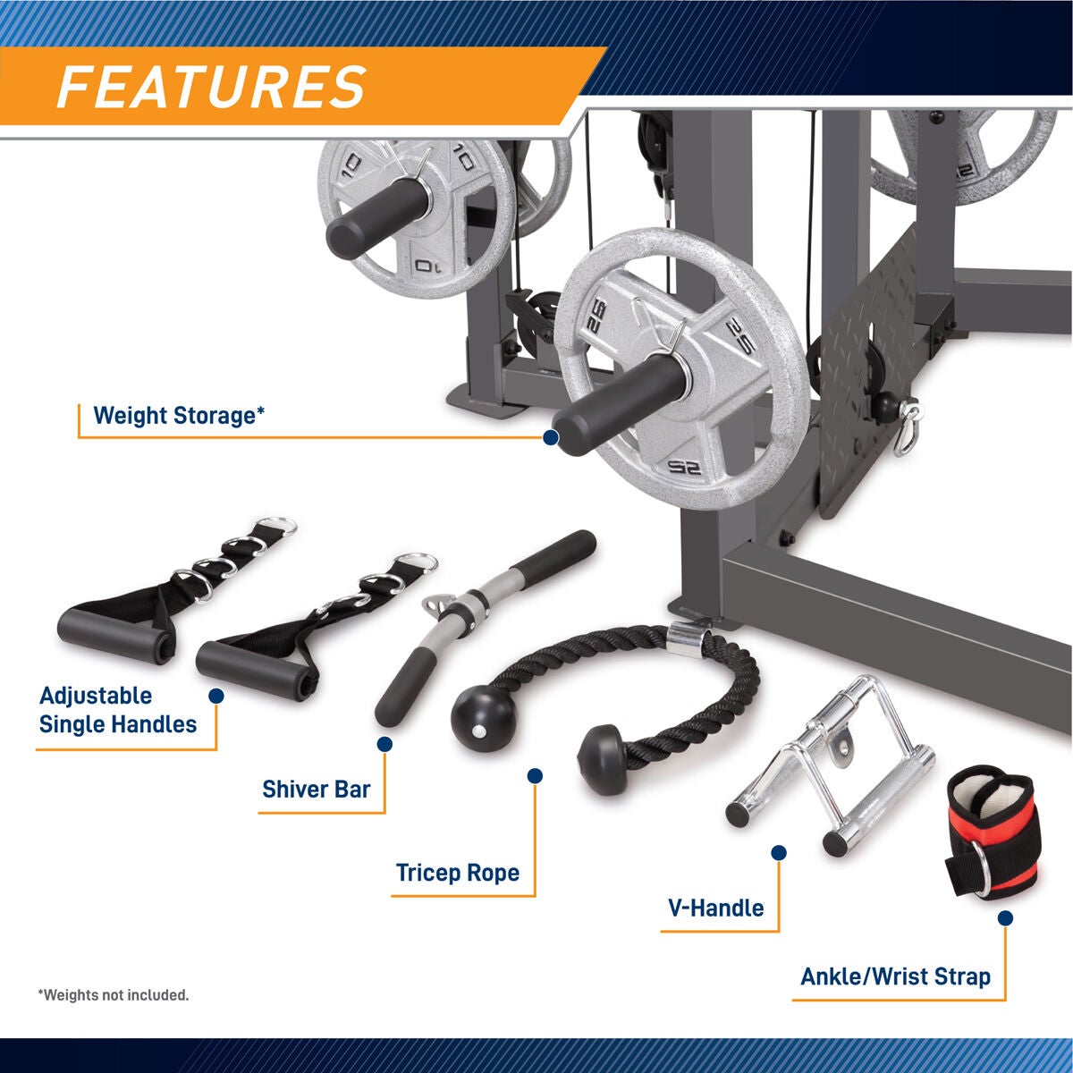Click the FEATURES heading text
[x=211, y=87]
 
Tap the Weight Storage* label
[x=179, y=416]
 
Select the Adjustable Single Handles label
[x=117, y=710]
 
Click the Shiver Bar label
[x=316, y=790]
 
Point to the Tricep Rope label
[x=457, y=873]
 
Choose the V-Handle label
[x=715, y=908]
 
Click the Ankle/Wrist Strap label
[x=895, y=976]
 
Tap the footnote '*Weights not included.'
[x=114, y=995]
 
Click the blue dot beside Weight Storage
[x=551, y=437]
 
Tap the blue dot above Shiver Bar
[x=385, y=743]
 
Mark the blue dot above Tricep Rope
[x=536, y=776]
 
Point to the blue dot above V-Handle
[x=779, y=853]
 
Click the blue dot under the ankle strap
[x=1005, y=917]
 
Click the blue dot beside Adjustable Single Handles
[x=215, y=696]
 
